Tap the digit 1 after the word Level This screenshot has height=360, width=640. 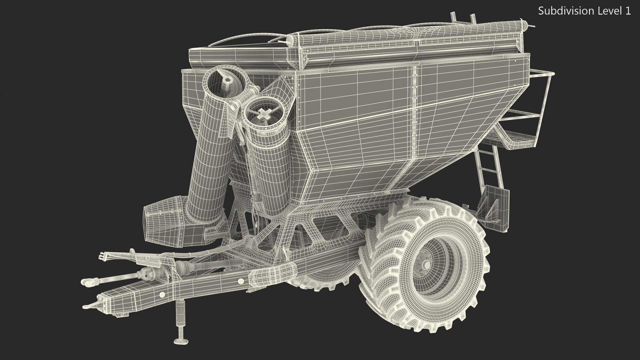(x=628, y=11)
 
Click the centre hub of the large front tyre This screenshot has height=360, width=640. (x=426, y=265)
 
